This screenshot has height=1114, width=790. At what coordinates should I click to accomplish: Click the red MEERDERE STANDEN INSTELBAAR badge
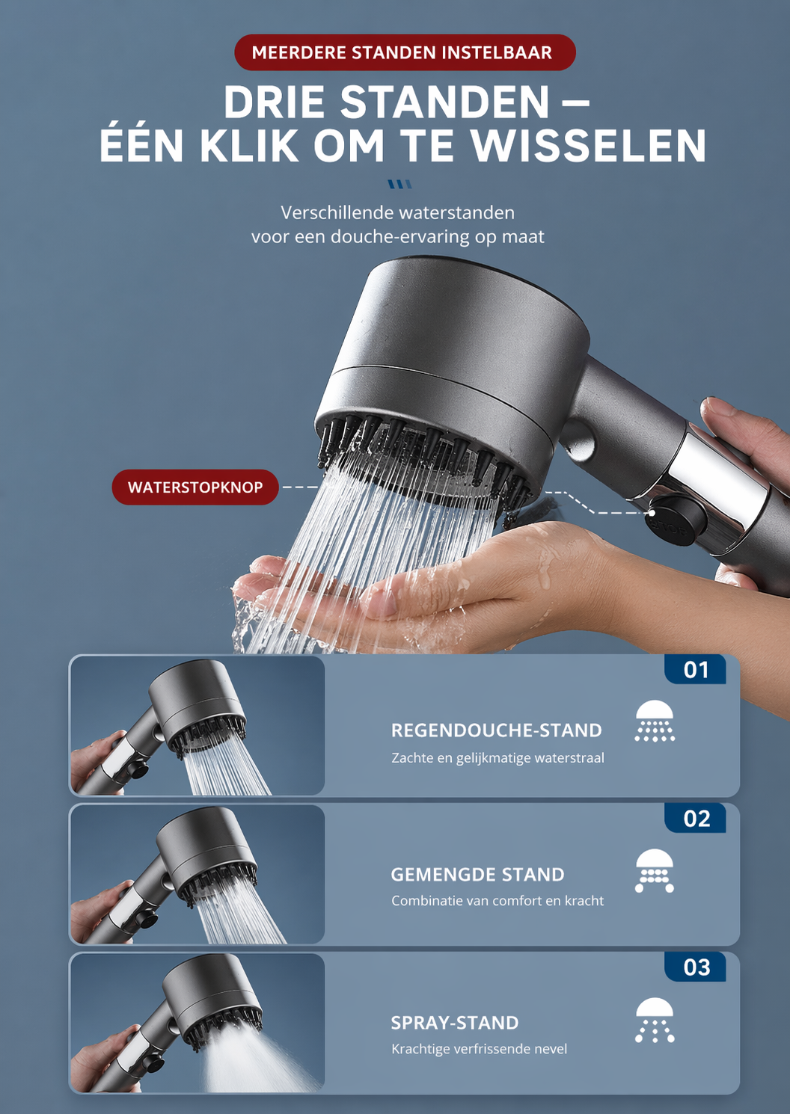[x=404, y=52]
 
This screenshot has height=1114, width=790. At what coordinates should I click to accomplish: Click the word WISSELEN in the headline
[x=589, y=146]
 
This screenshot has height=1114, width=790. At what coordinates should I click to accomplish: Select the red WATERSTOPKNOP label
[x=195, y=487]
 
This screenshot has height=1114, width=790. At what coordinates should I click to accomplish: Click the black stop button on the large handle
[x=676, y=517]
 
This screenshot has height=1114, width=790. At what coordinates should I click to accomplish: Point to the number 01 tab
[x=696, y=670]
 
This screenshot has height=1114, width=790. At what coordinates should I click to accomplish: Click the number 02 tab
[x=696, y=819]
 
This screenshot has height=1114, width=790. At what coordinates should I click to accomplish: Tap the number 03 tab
[x=696, y=967]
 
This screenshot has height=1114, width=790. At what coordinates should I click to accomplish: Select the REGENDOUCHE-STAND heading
[x=496, y=730]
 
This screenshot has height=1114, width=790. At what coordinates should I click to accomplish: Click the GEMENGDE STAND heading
[x=477, y=875]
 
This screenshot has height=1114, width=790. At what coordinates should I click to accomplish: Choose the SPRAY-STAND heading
[x=454, y=1023]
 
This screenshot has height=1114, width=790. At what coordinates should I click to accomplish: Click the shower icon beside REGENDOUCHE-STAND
[x=655, y=721]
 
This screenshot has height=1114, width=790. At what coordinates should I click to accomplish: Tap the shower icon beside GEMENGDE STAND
[x=655, y=870]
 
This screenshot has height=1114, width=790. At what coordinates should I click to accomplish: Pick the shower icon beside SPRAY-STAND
[x=655, y=1019]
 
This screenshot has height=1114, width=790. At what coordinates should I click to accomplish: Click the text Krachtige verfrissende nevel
[x=479, y=1049]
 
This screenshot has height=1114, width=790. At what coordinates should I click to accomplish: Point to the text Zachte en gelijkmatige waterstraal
[x=497, y=758]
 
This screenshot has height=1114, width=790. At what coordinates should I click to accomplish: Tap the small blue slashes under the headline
[x=399, y=184]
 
